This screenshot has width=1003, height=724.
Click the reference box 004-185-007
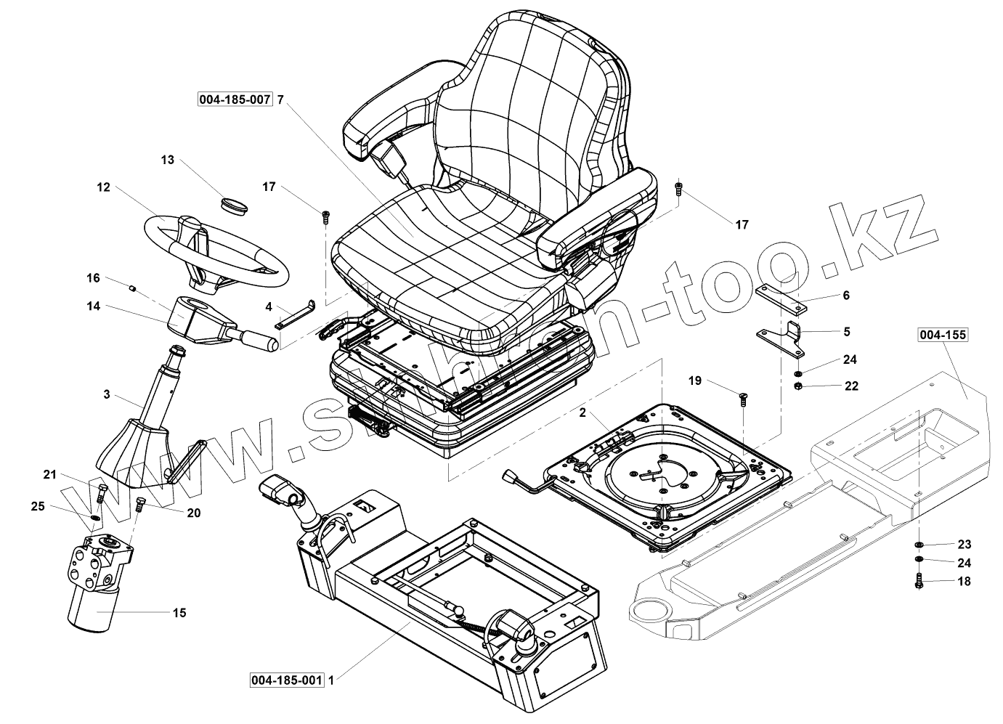(x=235, y=99)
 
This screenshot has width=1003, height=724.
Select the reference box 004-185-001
(x=287, y=680)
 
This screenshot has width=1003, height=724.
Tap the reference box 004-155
(x=943, y=335)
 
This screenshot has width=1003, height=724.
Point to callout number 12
(x=103, y=187)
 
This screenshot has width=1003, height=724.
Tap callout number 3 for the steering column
(x=107, y=395)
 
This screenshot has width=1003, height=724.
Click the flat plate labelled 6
(x=780, y=298)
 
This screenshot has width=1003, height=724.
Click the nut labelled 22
(x=798, y=385)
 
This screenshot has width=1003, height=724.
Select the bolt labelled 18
(x=919, y=581)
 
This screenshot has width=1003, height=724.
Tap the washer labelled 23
(x=919, y=544)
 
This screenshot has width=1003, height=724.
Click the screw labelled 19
(x=742, y=399)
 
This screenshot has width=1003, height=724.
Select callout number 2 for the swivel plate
(x=582, y=412)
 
